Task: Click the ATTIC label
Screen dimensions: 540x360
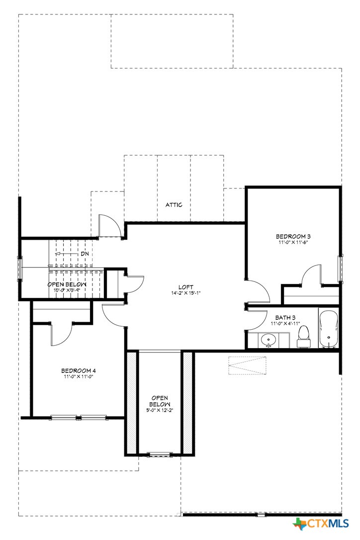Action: pyautogui.click(x=174, y=205)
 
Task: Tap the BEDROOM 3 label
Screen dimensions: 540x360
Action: pyautogui.click(x=293, y=236)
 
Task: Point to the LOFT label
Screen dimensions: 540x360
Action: pyautogui.click(x=186, y=287)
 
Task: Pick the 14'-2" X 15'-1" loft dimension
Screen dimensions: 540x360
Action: pyautogui.click(x=186, y=293)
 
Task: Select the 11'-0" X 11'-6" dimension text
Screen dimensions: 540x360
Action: pyautogui.click(x=293, y=243)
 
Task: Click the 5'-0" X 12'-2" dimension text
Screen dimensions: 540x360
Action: pyautogui.click(x=160, y=410)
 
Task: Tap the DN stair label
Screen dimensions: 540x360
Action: pyautogui.click(x=85, y=254)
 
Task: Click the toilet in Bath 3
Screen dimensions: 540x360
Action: pyautogui.click(x=303, y=337)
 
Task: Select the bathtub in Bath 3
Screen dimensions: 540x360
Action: pyautogui.click(x=328, y=329)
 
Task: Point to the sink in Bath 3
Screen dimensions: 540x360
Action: pyautogui.click(x=269, y=341)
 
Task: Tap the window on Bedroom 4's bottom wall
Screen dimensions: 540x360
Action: pyautogui.click(x=79, y=417)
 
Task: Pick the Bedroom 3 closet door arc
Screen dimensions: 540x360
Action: pyautogui.click(x=312, y=275)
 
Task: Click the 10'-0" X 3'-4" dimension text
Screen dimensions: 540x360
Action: pyautogui.click(x=64, y=290)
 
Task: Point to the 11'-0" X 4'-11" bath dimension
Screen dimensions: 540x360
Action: pyautogui.click(x=285, y=323)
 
